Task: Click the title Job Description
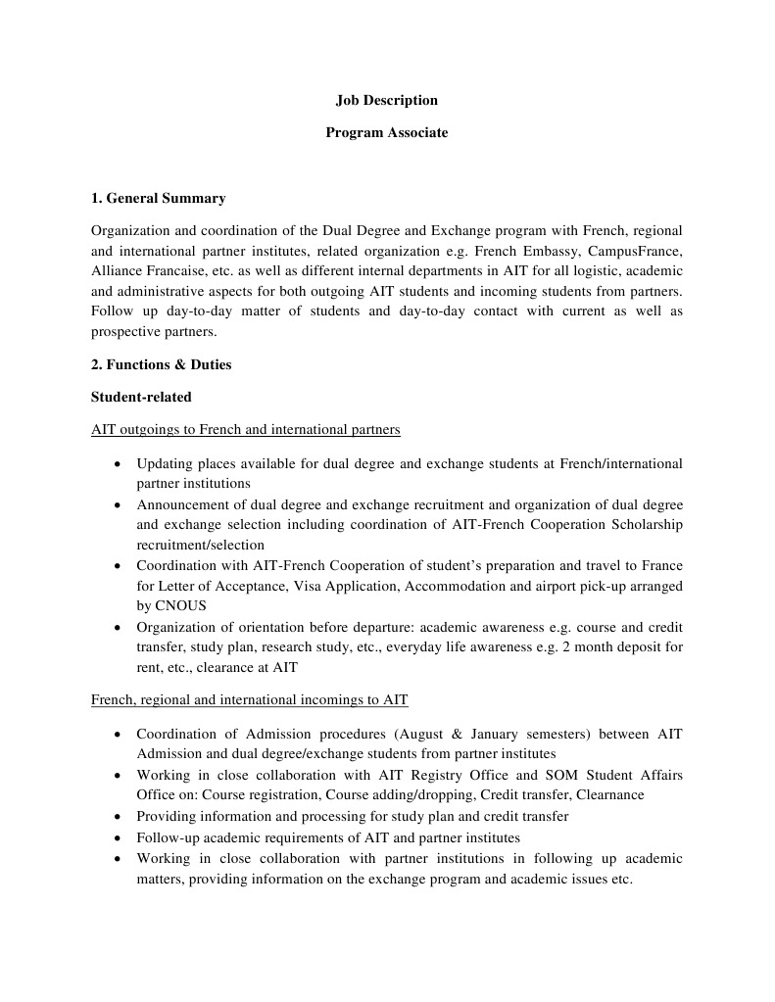pos(386,100)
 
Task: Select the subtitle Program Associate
pos(386,132)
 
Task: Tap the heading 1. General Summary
pos(158,198)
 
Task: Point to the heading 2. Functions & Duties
pos(161,364)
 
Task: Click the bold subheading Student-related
pos(141,397)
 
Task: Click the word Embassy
pos(540,251)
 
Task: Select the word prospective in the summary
pos(126,332)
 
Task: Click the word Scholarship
pos(646,524)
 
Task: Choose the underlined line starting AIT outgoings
pos(245,429)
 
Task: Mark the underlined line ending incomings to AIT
pos(249,699)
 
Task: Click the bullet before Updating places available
pos(118,463)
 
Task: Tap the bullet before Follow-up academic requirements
pos(118,838)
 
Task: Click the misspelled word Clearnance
pos(610,794)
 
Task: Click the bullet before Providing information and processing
pos(118,817)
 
